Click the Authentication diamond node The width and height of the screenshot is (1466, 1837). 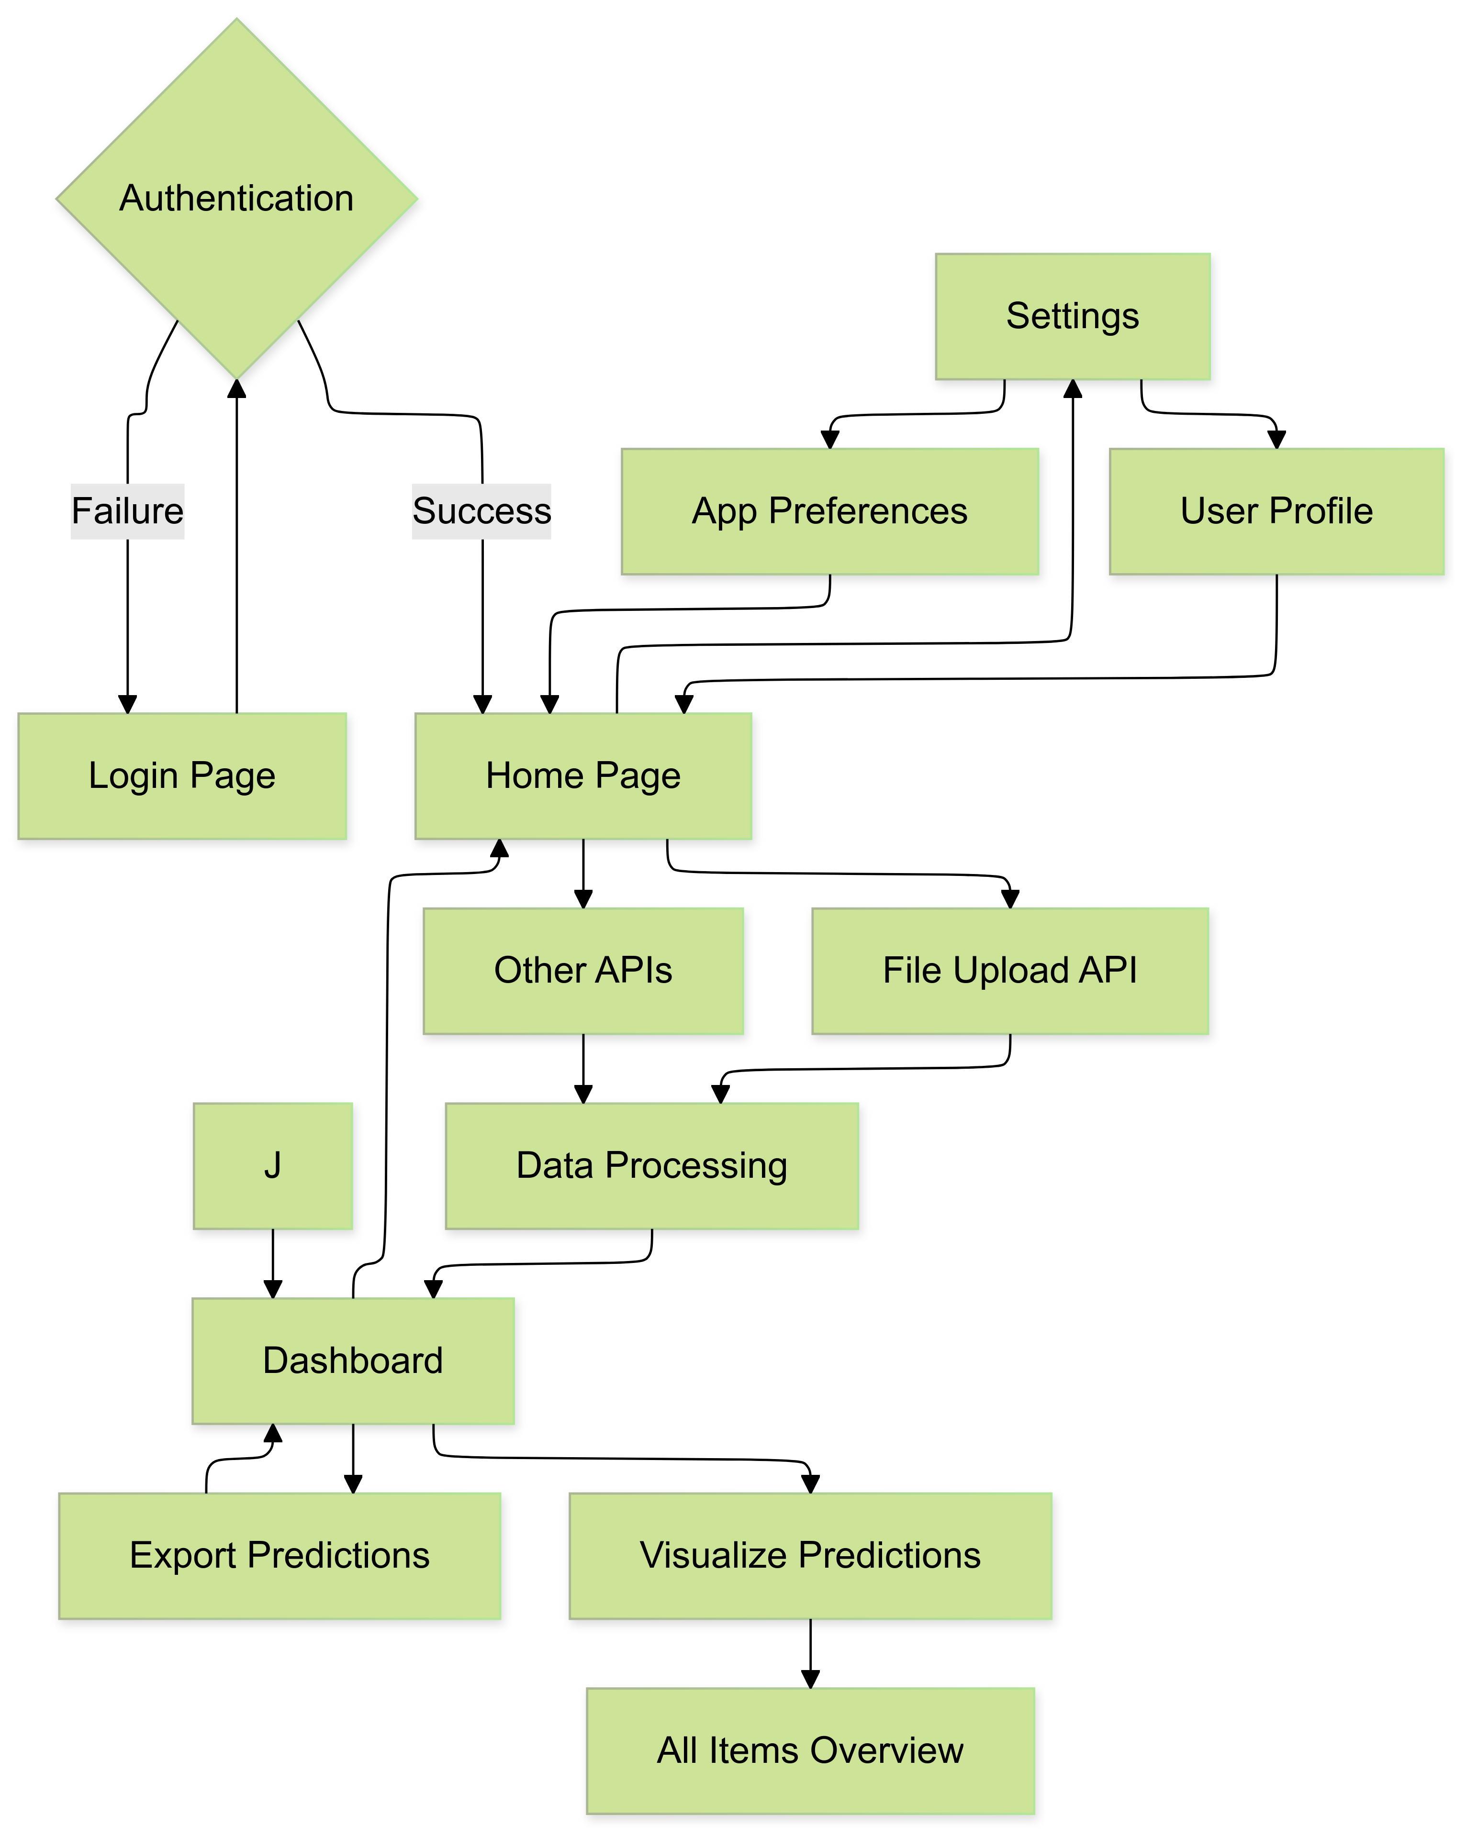coord(237,198)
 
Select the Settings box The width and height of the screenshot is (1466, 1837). coord(1072,316)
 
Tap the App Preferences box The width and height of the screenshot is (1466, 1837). coord(829,511)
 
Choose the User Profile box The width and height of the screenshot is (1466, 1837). coord(1276,511)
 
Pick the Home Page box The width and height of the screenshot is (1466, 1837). coord(583,775)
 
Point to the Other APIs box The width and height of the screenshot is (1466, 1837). coord(583,971)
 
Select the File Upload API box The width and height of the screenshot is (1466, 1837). coord(1010,971)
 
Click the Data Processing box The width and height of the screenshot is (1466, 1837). coord(651,1166)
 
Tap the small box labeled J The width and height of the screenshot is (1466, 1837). coord(273,1166)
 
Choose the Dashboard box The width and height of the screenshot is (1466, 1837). coord(353,1361)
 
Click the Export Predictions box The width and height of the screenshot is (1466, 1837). coord(280,1556)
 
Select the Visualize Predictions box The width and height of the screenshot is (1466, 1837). coord(810,1556)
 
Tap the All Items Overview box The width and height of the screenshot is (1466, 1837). coord(810,1751)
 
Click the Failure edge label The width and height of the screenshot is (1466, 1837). coord(128,511)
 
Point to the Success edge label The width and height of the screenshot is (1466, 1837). coord(481,511)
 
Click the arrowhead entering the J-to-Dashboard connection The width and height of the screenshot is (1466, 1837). coord(273,1289)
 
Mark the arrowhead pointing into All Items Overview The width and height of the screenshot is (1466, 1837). coord(810,1679)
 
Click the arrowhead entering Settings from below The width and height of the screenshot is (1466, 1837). coord(1072,389)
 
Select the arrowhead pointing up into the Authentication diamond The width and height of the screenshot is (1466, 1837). coord(237,389)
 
